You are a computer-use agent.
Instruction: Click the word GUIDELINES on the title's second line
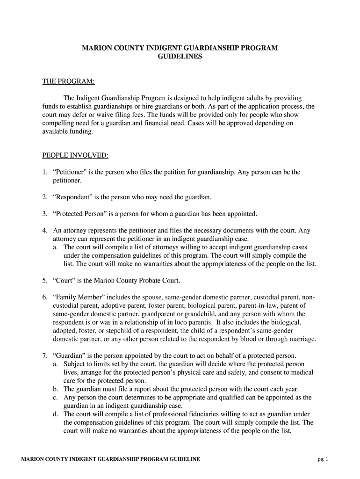click(180, 57)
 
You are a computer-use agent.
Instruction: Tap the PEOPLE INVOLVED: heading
click(75, 155)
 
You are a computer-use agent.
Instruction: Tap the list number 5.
click(44, 281)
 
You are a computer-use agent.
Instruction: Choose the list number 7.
click(44, 356)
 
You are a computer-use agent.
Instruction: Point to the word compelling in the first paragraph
click(58, 123)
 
